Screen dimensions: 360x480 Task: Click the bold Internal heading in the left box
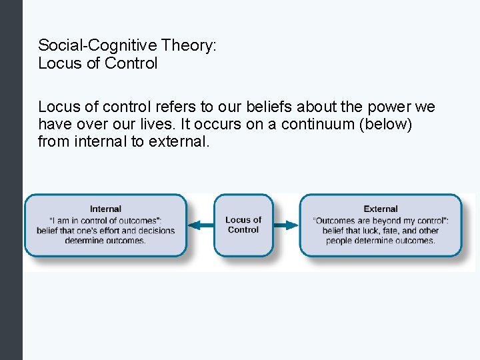105,209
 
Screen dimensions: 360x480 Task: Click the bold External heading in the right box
381,209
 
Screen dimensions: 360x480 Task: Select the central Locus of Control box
243,225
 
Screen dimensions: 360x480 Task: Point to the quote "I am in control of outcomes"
105,221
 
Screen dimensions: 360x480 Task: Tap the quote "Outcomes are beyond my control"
381,221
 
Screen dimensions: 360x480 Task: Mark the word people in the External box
340,241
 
